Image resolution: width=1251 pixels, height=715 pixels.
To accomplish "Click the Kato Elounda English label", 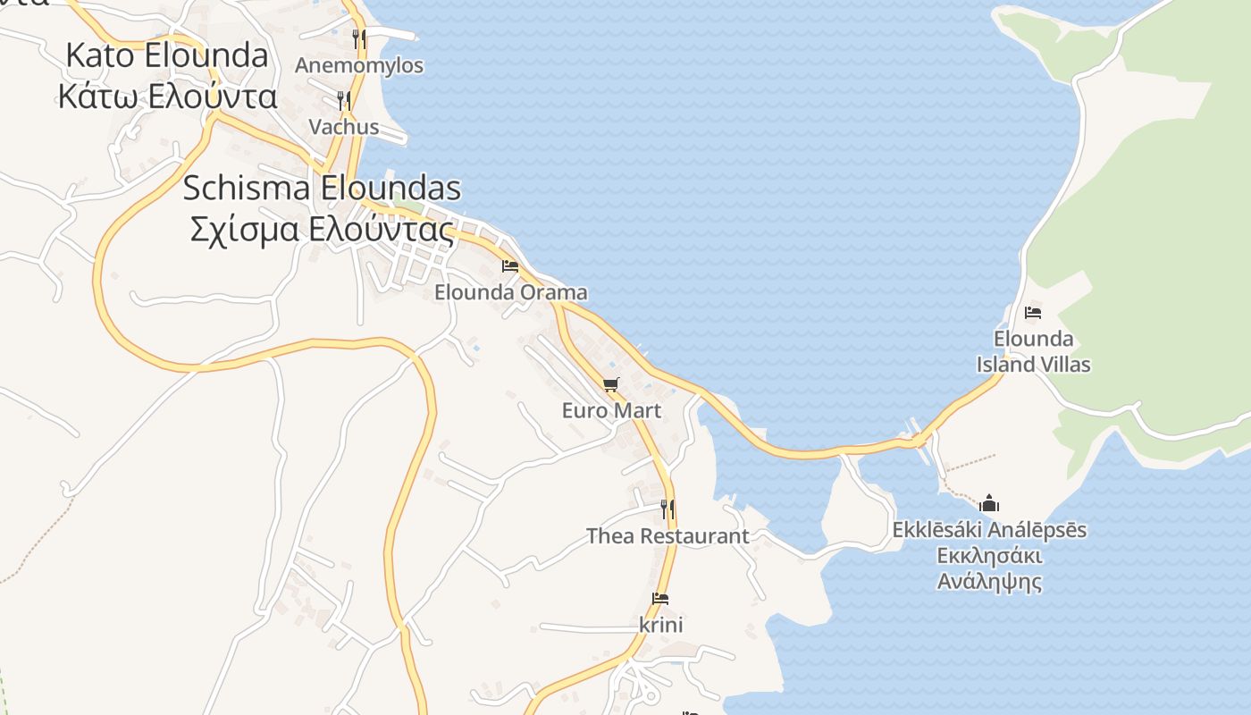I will [x=167, y=55].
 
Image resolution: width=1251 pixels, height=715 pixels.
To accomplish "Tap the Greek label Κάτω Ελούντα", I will [x=167, y=96].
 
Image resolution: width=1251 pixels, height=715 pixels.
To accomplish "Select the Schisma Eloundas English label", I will [x=322, y=189].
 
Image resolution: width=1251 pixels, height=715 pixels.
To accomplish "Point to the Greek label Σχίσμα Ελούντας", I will [x=322, y=230].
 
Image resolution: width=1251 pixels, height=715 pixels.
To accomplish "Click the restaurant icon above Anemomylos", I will [x=358, y=38].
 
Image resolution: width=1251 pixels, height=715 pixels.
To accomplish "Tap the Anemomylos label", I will [x=359, y=66].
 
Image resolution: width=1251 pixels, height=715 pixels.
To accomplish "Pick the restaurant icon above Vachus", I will [x=343, y=100].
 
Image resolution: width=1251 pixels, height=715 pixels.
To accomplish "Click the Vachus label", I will [x=344, y=127].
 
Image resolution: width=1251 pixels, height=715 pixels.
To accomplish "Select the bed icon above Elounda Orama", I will [x=510, y=266].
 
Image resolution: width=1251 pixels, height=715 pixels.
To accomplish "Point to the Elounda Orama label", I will [x=511, y=292].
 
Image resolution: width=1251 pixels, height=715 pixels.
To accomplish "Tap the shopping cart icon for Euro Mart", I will [x=611, y=385].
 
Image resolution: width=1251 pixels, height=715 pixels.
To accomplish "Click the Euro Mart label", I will [x=611, y=410].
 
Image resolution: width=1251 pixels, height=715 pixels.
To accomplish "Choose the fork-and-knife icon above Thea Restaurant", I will [x=667, y=509].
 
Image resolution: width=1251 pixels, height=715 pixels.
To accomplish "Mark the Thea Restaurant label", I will [x=667, y=536].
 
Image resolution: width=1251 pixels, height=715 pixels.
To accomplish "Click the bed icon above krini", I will [x=661, y=599].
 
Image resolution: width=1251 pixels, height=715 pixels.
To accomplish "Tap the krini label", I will [x=661, y=625].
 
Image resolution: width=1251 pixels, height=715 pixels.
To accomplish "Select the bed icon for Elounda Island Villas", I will [x=1033, y=313].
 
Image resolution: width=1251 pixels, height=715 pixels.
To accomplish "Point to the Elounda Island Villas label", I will [x=1033, y=351].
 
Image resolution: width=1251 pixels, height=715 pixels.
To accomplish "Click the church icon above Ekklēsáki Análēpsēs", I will [x=989, y=503].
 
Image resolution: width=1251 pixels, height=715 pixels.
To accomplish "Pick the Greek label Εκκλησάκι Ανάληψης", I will [x=989, y=568].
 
